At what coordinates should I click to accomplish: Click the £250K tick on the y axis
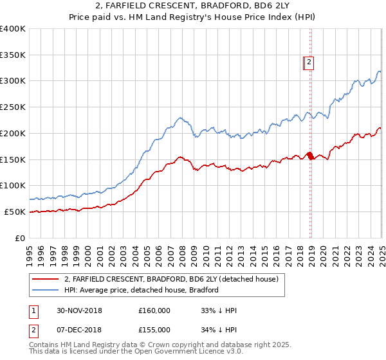tap(13, 107)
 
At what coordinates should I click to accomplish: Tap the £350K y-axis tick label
tap(13, 55)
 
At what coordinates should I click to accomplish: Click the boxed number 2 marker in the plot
tap(309, 62)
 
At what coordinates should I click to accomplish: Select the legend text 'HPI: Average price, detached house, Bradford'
tap(142, 290)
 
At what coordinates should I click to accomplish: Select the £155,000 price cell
tap(154, 329)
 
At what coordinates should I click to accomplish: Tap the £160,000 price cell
tap(154, 310)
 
